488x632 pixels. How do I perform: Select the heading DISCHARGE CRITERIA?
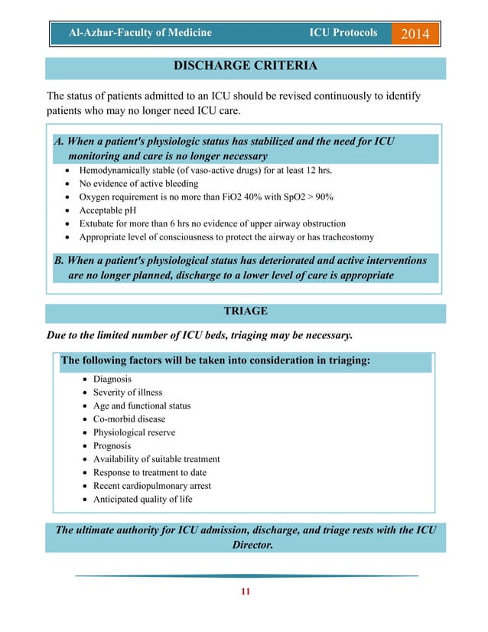pyautogui.click(x=245, y=67)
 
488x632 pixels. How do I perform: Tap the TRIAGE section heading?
pyautogui.click(x=245, y=311)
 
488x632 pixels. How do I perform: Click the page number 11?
pyautogui.click(x=245, y=591)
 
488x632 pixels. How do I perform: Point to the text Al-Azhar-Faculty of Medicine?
pyautogui.click(x=140, y=33)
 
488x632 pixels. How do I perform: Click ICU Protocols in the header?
pyautogui.click(x=343, y=33)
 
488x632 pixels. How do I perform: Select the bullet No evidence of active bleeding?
pyautogui.click(x=138, y=184)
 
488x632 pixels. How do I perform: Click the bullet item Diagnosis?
pyautogui.click(x=112, y=379)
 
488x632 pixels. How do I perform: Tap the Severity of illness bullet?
pyautogui.click(x=128, y=393)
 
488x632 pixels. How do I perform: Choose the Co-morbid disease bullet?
pyautogui.click(x=129, y=419)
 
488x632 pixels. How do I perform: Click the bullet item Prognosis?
pyautogui.click(x=112, y=446)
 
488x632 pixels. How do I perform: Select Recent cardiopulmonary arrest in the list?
pyautogui.click(x=152, y=486)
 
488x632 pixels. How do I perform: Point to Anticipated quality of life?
pyautogui.click(x=142, y=500)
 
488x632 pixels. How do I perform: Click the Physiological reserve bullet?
pyautogui.click(x=134, y=432)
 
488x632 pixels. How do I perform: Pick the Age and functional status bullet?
pyautogui.click(x=142, y=406)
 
